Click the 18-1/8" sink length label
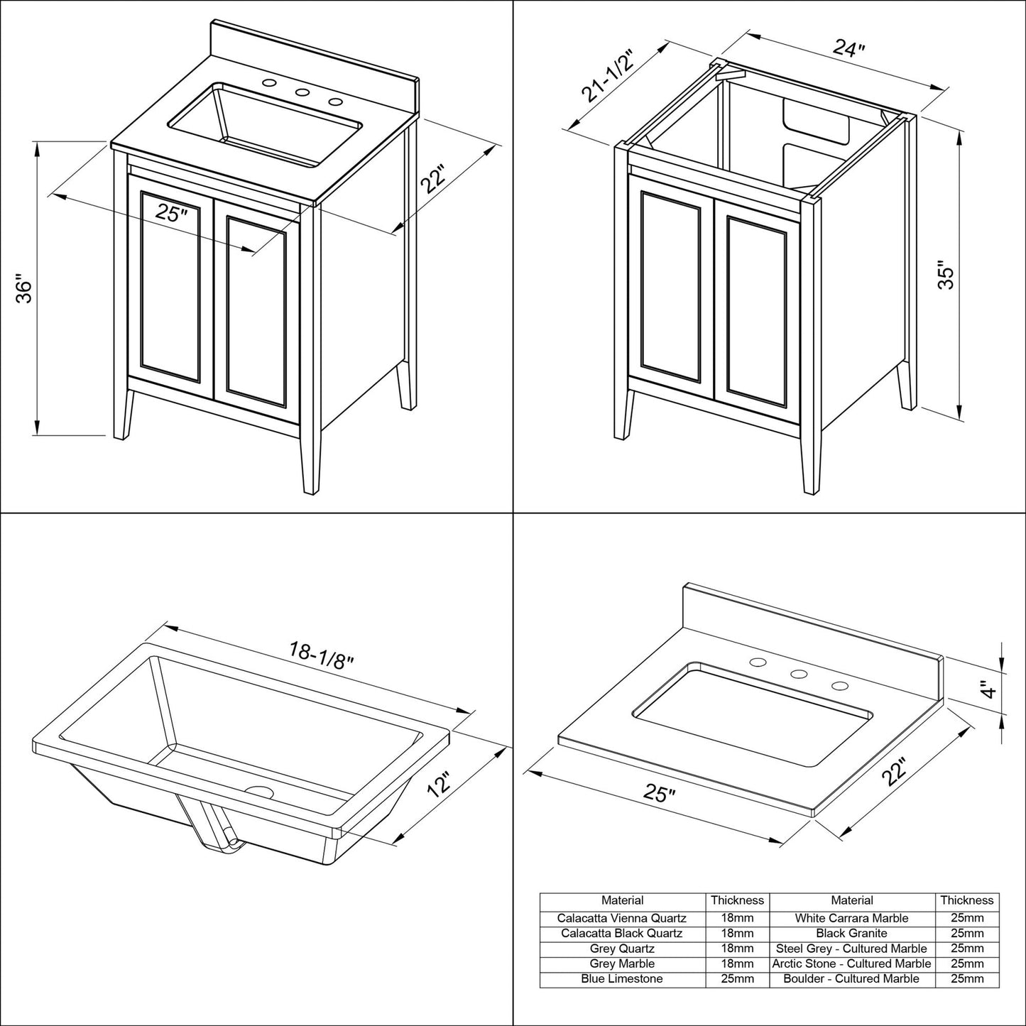[321, 650]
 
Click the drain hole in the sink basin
[258, 791]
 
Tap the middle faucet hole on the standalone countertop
[799, 674]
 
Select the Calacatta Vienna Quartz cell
[622, 918]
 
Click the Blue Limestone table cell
[622, 978]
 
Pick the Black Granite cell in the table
[851, 933]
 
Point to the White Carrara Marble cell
[851, 918]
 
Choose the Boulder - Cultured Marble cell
[851, 978]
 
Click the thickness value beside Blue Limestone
[737, 978]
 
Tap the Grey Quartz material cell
[622, 948]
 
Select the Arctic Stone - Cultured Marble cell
[851, 964]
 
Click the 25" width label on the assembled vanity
[173, 212]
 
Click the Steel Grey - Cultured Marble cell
[851, 948]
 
